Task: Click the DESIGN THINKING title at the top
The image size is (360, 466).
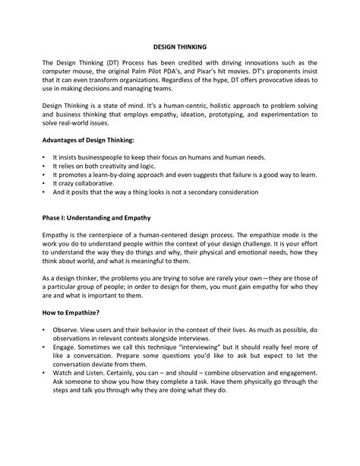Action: (179, 45)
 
